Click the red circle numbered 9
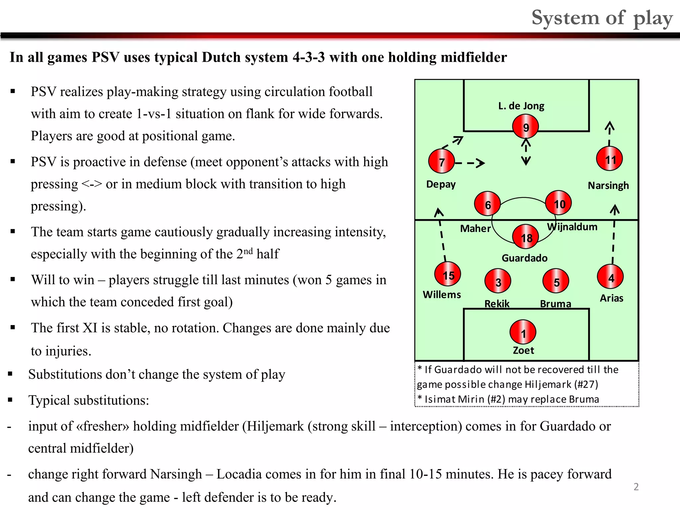click(x=525, y=127)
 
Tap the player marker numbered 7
click(x=441, y=161)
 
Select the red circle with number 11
click(x=609, y=159)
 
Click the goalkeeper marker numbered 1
click(x=523, y=332)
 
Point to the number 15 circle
click(x=448, y=274)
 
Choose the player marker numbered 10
click(x=558, y=203)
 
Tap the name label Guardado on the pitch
click(x=524, y=258)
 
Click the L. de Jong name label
click(x=521, y=106)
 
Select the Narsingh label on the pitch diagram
click(x=608, y=185)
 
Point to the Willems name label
click(x=442, y=295)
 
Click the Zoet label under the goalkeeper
click(x=523, y=350)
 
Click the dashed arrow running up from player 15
click(x=442, y=234)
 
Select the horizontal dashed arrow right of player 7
click(x=470, y=163)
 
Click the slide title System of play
click(x=602, y=18)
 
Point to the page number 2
click(x=636, y=487)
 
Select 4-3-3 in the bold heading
click(x=308, y=57)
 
